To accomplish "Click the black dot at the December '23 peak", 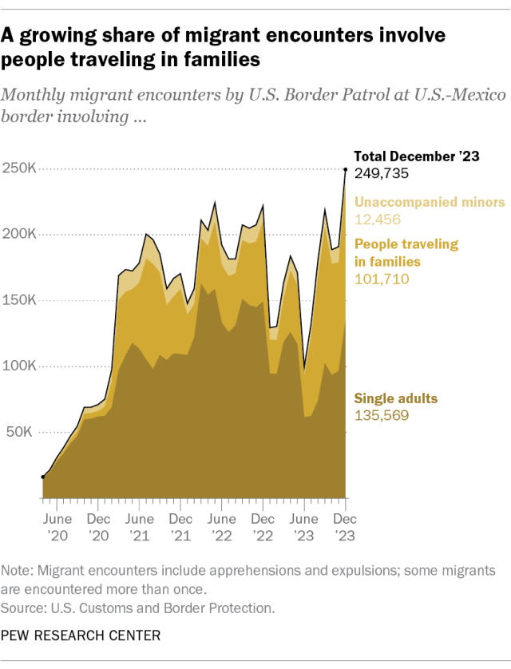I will (345, 169).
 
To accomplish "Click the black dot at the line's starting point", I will (43, 477).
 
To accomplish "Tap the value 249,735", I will (378, 172).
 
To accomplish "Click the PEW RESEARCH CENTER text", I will (81, 636).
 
